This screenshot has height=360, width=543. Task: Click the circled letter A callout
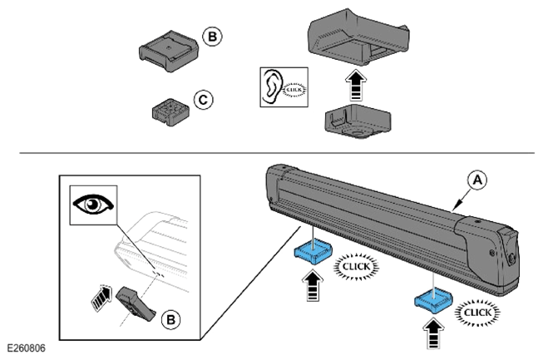click(x=477, y=180)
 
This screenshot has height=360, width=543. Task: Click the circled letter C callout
click(x=203, y=100)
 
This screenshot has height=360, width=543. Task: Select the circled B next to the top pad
click(x=212, y=37)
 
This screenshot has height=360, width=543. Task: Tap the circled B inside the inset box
click(x=171, y=319)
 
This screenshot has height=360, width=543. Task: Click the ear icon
click(x=272, y=86)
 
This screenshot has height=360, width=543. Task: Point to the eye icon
click(x=93, y=204)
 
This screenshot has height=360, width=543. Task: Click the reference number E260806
click(x=27, y=348)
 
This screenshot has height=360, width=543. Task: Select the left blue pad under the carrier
click(x=313, y=252)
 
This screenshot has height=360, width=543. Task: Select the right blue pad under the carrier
click(x=433, y=299)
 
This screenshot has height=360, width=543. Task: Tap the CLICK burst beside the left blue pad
click(x=356, y=267)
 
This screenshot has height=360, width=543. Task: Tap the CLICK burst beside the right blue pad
click(x=477, y=313)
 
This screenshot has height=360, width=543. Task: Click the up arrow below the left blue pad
click(x=313, y=285)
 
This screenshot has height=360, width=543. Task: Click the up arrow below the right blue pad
click(x=433, y=333)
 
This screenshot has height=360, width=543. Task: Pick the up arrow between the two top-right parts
click(x=356, y=85)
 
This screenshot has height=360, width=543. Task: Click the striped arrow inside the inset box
click(x=102, y=297)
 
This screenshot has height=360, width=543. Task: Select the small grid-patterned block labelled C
click(x=170, y=112)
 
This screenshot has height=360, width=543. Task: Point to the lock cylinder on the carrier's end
click(x=511, y=258)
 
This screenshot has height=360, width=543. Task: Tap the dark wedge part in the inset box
click(x=136, y=303)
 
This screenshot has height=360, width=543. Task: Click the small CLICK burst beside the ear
click(x=294, y=90)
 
